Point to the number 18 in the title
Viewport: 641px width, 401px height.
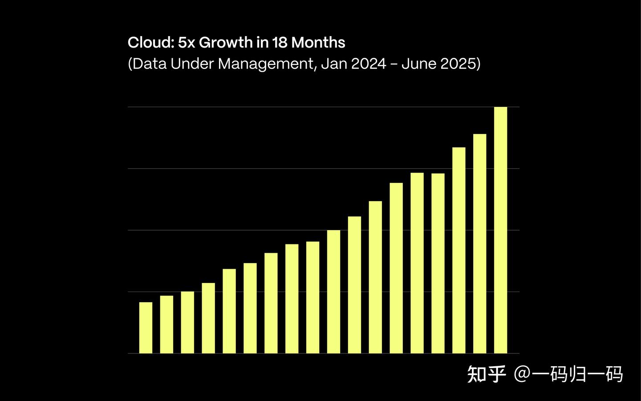coord(280,43)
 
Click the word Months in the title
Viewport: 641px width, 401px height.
coord(318,43)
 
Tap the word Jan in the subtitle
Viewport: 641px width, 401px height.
coord(334,64)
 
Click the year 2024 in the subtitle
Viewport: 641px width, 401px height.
coord(368,64)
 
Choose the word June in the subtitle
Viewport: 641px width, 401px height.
coord(418,64)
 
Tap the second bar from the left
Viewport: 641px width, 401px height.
coord(166,324)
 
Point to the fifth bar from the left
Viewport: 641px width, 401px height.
coord(229,311)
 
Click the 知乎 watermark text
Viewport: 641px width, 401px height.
coord(486,374)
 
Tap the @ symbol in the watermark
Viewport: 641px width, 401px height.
coord(522,374)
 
